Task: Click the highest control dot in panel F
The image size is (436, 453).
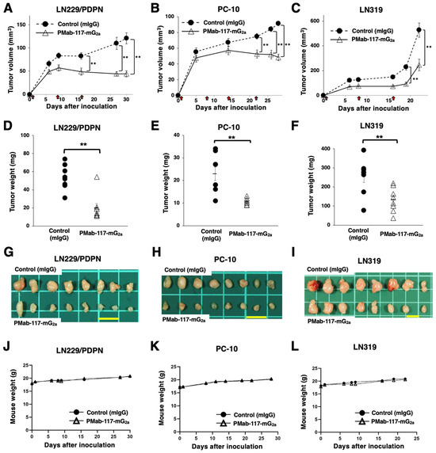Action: pyautogui.click(x=341, y=150)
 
